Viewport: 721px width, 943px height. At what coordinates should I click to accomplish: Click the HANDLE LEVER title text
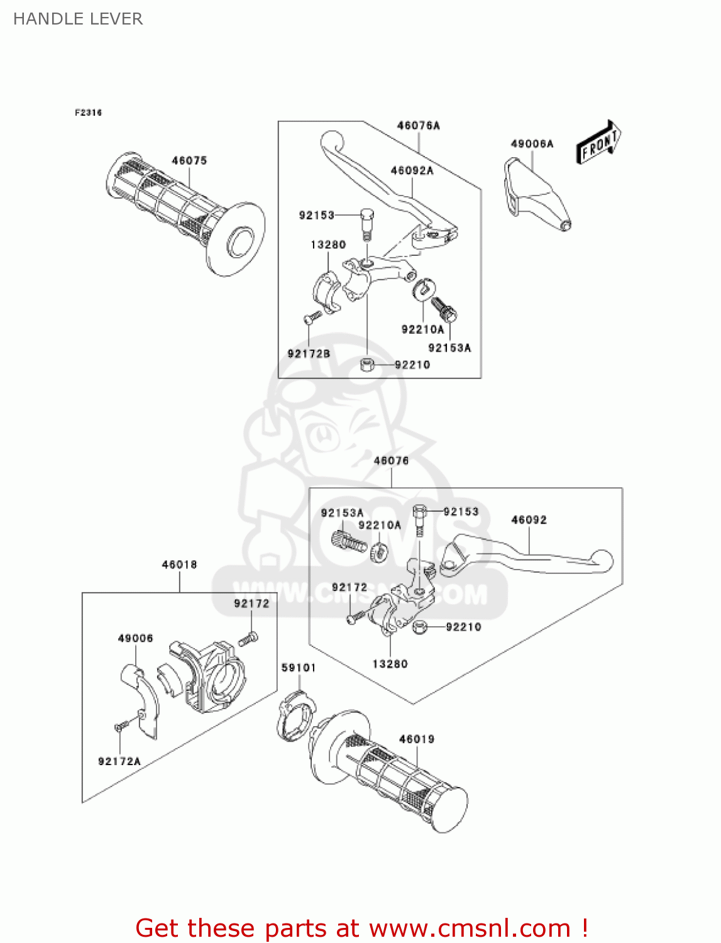(78, 19)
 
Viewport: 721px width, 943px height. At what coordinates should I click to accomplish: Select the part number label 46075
(189, 161)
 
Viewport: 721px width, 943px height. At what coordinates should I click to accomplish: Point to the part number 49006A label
(532, 144)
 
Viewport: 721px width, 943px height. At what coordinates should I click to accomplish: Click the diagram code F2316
(88, 113)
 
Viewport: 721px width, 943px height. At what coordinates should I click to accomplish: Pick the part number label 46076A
(418, 126)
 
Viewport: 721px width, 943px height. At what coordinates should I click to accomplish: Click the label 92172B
(309, 354)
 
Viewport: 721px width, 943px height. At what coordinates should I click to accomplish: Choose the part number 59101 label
(299, 668)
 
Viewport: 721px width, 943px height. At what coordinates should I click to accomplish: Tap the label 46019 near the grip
(417, 739)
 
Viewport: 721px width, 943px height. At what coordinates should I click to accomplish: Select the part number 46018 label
(179, 565)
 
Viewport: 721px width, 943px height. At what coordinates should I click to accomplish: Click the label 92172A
(119, 761)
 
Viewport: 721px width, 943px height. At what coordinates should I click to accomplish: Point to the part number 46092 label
(529, 520)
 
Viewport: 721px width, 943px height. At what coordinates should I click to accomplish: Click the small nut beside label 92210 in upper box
(367, 365)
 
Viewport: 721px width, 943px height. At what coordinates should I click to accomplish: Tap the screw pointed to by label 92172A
(120, 727)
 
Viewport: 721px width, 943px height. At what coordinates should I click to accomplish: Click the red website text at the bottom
(361, 928)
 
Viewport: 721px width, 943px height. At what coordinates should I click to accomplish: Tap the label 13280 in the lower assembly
(390, 664)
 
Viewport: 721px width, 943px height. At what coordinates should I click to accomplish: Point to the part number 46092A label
(412, 170)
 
